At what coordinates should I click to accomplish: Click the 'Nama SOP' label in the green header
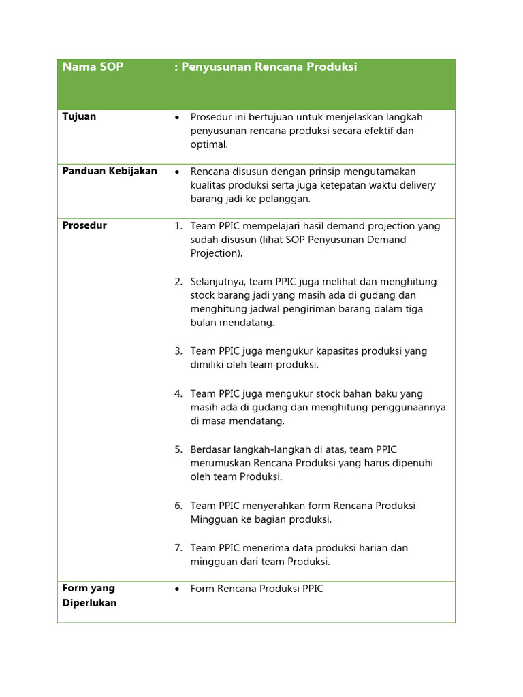(93, 67)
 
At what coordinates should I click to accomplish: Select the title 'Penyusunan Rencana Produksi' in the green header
(268, 67)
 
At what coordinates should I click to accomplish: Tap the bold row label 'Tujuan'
(79, 116)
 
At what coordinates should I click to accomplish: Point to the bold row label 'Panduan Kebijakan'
(110, 171)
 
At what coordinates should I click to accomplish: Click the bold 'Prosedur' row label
(84, 225)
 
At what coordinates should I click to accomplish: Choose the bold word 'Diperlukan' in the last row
(89, 603)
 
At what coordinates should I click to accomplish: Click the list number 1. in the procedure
(178, 226)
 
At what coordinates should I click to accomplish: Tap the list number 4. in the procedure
(178, 393)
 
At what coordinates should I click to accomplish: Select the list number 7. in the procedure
(178, 548)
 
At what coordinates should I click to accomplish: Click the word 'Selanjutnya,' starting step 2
(219, 282)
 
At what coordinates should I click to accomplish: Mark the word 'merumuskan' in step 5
(221, 463)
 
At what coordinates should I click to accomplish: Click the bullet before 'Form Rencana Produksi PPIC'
(177, 589)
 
